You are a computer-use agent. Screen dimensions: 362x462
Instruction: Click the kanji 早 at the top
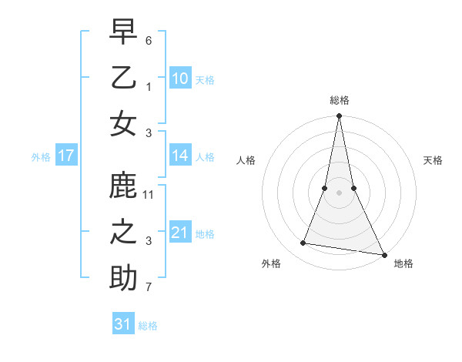tap(123, 33)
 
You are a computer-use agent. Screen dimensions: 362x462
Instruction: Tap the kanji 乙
tap(123, 78)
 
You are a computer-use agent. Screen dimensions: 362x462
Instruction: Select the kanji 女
tap(123, 123)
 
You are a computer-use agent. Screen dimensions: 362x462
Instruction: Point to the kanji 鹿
tap(123, 187)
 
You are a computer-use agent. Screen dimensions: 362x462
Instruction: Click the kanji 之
tap(123, 233)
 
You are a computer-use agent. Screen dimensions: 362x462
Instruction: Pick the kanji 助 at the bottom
tap(123, 278)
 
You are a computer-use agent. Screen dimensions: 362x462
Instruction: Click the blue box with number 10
tap(180, 79)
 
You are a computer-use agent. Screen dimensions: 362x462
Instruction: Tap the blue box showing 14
tap(180, 156)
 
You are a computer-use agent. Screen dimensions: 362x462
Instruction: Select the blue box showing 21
tap(180, 233)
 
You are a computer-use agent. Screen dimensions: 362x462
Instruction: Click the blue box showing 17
tap(66, 156)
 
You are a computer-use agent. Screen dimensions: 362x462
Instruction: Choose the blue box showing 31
tap(123, 324)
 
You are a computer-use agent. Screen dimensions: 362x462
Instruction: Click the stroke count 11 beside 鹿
tap(149, 195)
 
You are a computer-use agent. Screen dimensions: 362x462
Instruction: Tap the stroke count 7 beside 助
tap(149, 288)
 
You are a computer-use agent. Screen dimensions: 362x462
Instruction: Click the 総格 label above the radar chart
tap(340, 101)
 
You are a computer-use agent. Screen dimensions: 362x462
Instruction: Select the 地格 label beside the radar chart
tap(403, 264)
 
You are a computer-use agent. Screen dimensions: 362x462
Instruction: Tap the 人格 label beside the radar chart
tap(246, 161)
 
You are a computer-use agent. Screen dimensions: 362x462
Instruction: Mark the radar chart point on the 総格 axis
tap(339, 116)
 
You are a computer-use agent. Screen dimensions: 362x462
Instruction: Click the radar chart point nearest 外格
tap(303, 243)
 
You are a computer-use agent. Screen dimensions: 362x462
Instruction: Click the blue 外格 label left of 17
tap(41, 157)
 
